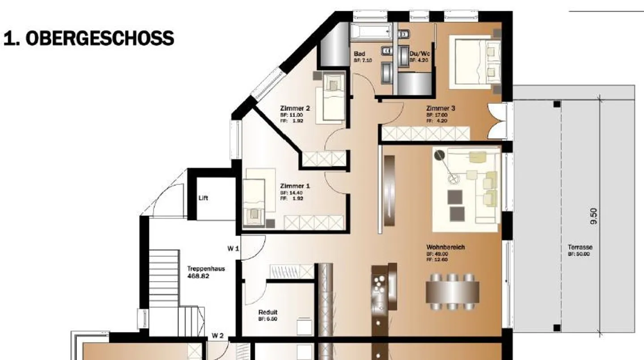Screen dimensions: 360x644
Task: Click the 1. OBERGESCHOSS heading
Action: [89, 38]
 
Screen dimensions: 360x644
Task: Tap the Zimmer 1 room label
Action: [295, 186]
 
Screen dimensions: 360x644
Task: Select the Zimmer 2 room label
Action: [295, 108]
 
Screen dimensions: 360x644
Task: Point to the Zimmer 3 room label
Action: [441, 108]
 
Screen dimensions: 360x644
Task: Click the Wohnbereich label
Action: [445, 247]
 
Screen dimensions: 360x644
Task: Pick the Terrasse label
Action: [580, 247]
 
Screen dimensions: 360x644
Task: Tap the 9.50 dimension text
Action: [593, 216]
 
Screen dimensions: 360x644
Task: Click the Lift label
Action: [203, 198]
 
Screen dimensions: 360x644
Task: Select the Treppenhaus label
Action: [206, 269]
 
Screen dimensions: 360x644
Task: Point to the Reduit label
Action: [268, 312]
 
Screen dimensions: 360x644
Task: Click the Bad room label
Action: [359, 54]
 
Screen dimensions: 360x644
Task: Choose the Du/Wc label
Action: [419, 54]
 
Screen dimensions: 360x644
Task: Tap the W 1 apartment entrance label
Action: [233, 249]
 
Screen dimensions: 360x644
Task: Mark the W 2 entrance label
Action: [218, 335]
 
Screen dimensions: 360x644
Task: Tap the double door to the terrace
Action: [498, 121]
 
